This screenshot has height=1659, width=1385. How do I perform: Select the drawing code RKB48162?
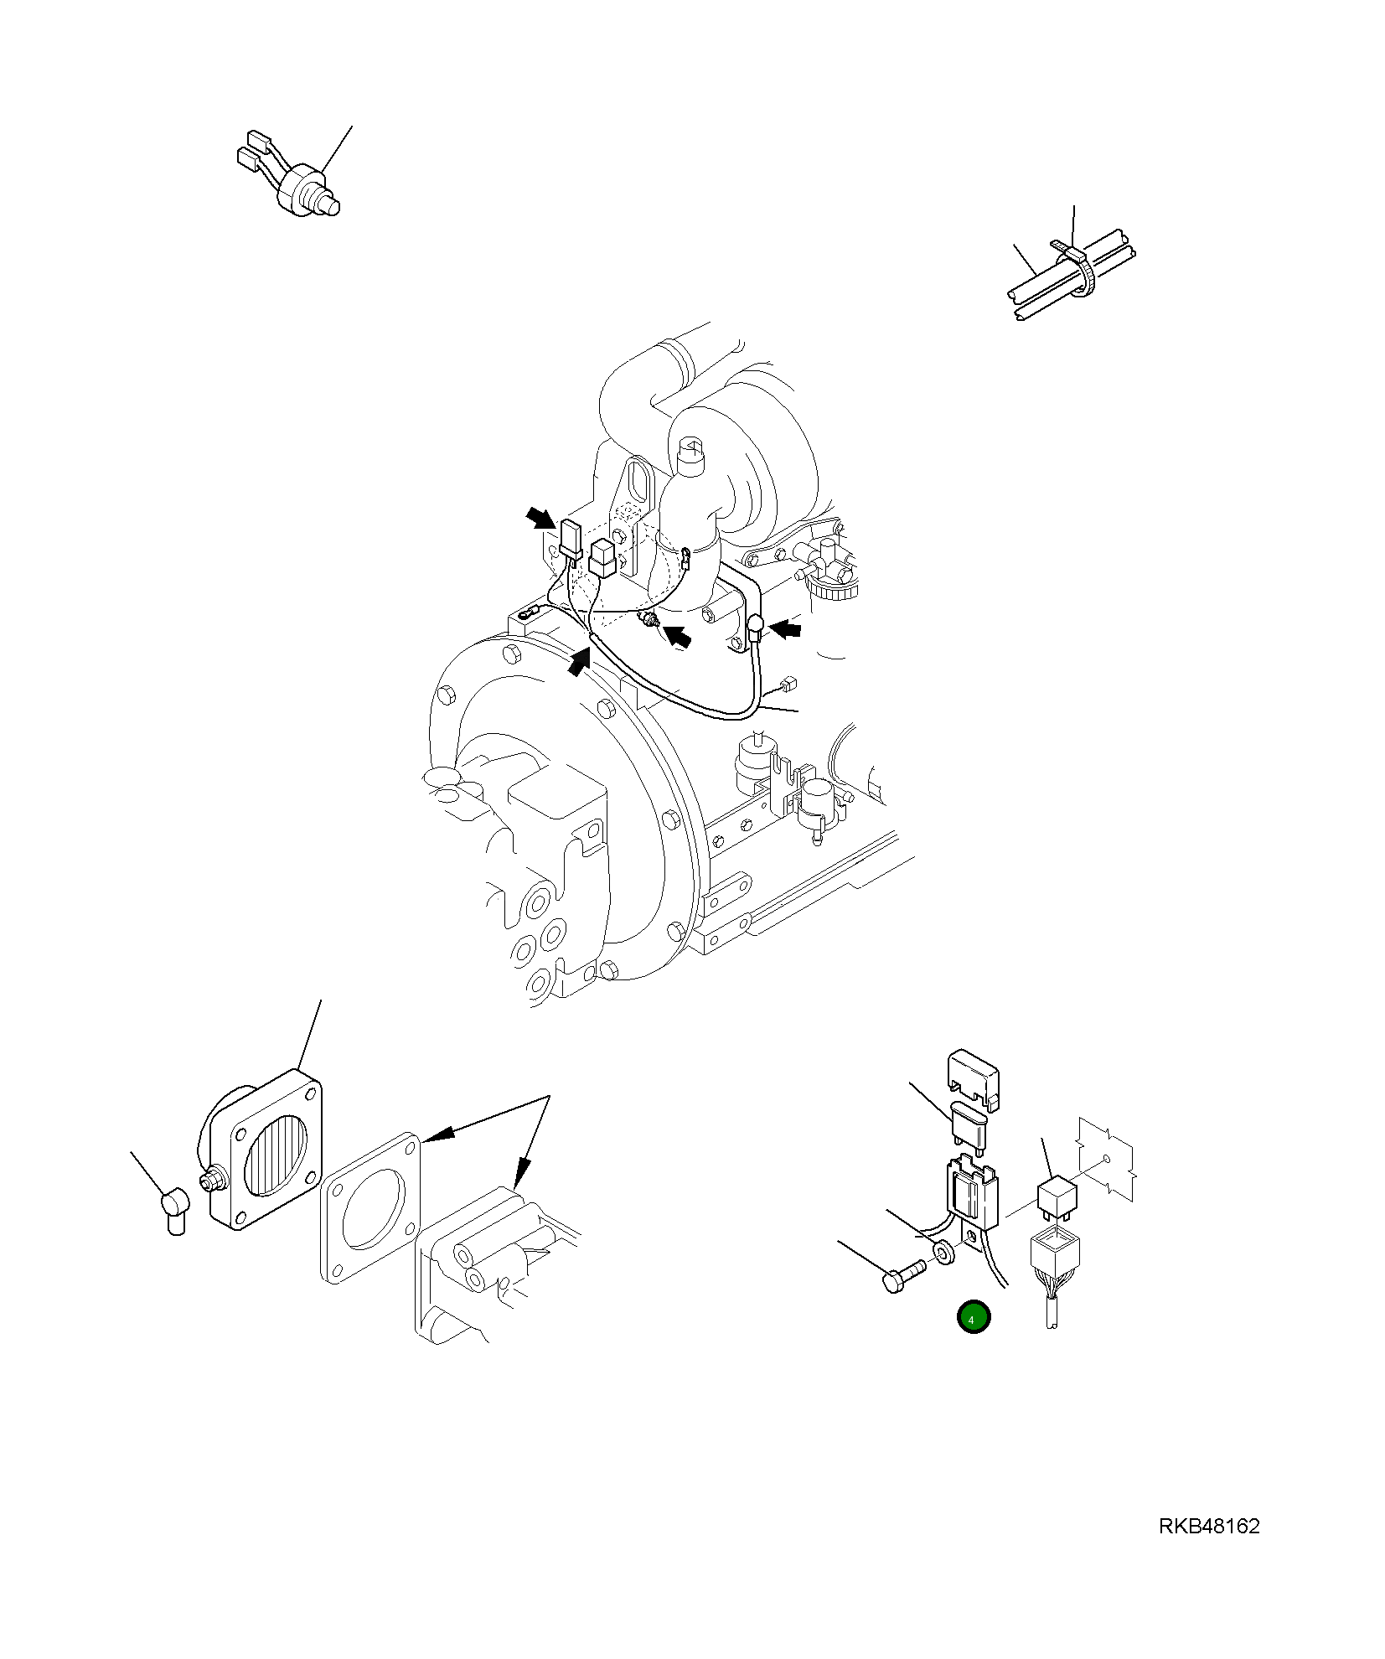(1209, 1526)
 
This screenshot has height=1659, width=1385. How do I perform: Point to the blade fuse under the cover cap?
(971, 1121)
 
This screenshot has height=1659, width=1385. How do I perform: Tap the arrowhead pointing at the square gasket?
(438, 1134)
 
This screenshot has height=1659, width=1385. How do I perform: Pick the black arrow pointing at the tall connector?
(541, 518)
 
